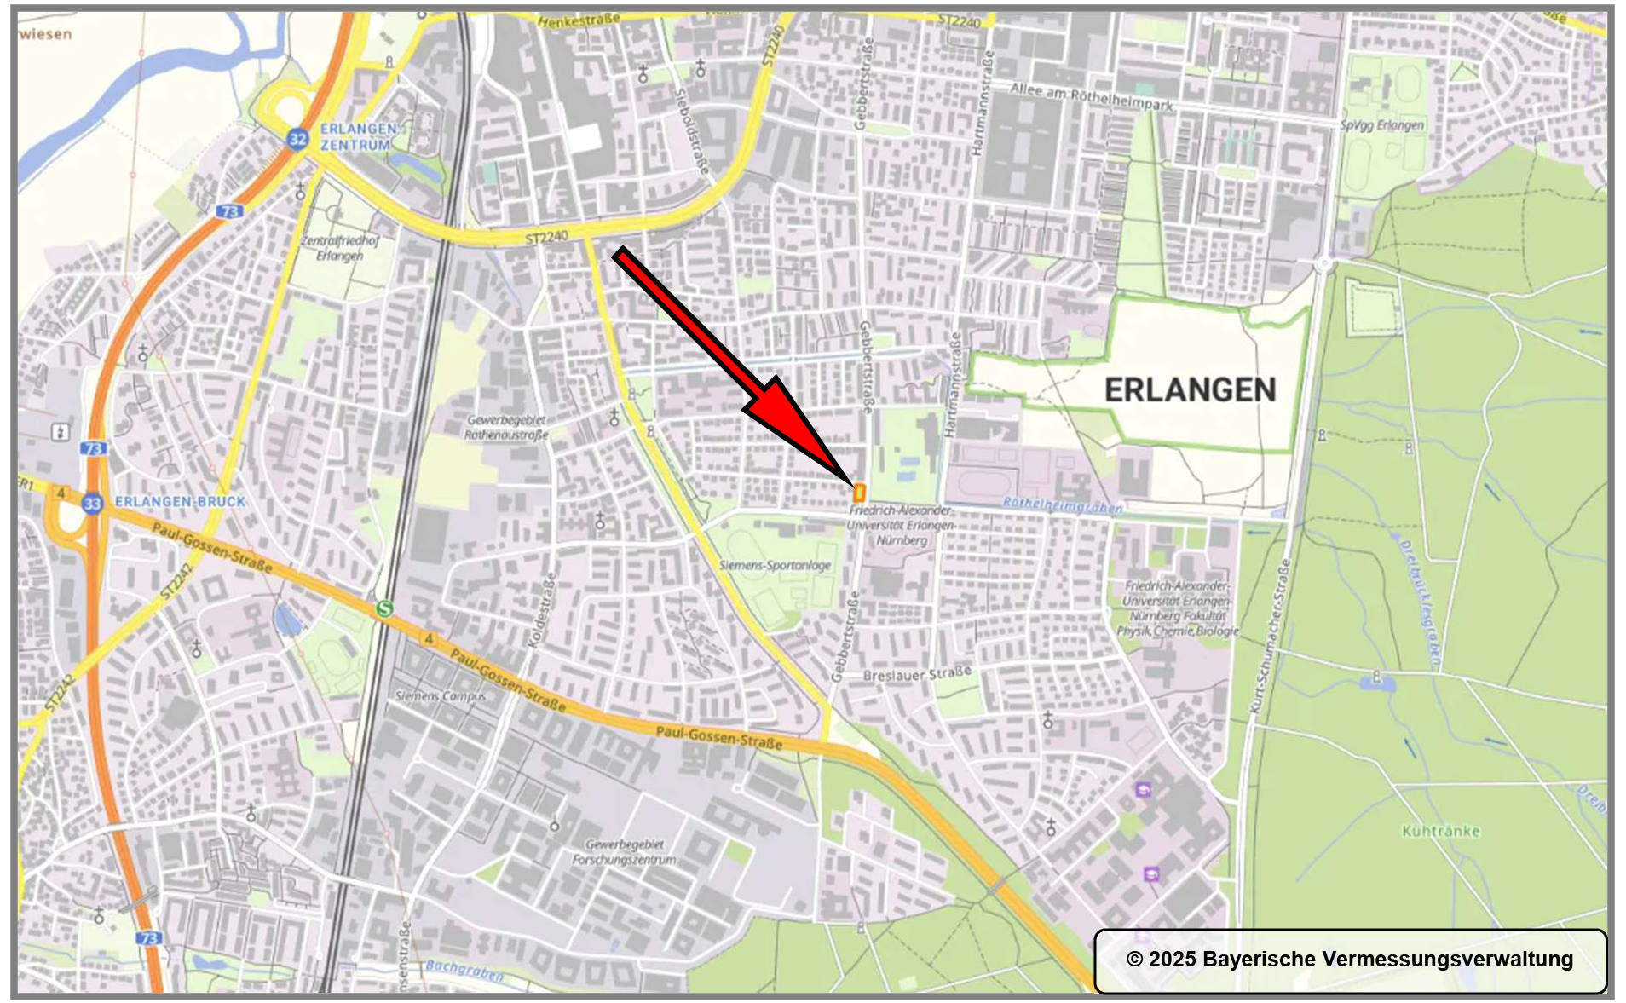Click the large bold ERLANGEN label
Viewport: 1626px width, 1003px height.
click(1190, 390)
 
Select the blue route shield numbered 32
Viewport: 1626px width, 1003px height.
click(297, 139)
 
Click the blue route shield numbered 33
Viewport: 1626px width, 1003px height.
click(92, 504)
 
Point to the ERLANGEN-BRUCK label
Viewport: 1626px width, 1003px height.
click(180, 502)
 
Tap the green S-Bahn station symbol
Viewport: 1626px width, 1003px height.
click(384, 608)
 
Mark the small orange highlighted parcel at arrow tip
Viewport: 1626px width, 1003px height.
click(859, 493)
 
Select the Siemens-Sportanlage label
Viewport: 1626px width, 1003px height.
click(775, 565)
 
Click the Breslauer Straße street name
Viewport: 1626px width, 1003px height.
click(917, 674)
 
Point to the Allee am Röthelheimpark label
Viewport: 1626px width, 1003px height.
click(1091, 96)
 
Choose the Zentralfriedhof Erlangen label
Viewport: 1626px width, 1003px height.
click(339, 248)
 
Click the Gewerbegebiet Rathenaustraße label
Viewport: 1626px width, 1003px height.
click(506, 428)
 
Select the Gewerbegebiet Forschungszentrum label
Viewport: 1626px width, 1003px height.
click(625, 852)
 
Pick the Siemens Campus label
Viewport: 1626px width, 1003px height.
click(440, 696)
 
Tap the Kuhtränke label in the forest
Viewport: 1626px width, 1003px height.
click(1440, 831)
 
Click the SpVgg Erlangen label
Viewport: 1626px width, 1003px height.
click(1381, 125)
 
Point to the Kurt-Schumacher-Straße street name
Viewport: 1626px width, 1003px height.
click(1270, 636)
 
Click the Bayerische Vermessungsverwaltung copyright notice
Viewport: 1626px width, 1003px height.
click(1350, 960)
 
